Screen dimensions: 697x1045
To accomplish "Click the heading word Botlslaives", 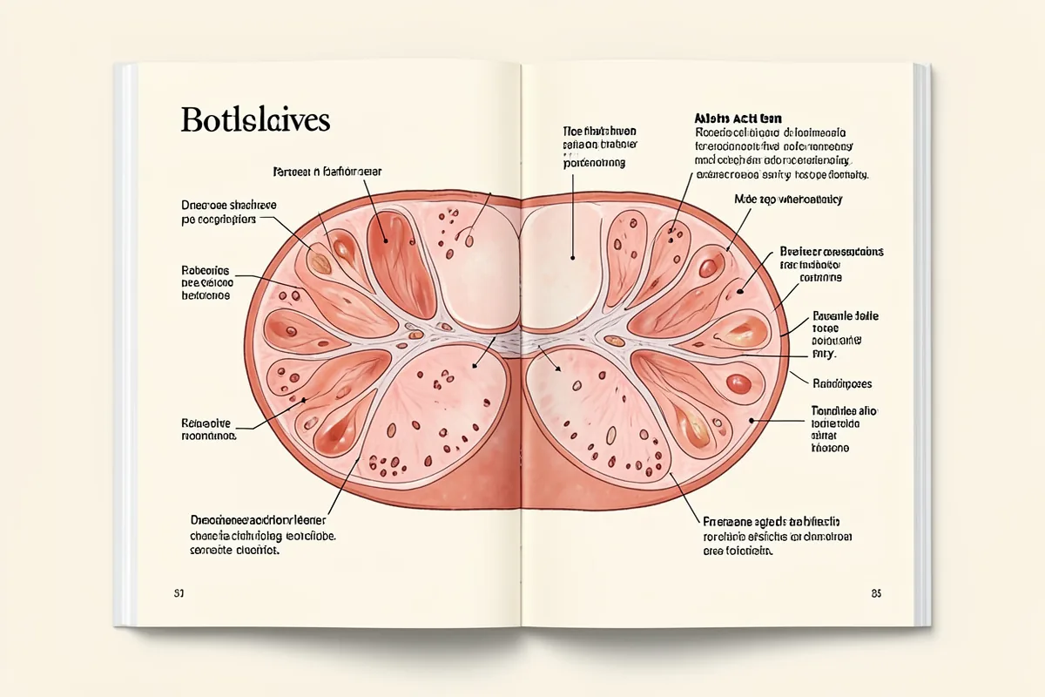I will pos(255,119).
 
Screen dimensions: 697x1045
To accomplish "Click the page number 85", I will pos(876,593).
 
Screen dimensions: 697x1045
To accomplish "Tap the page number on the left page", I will pos(179,593).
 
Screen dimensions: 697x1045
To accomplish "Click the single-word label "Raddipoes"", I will pos(842,383).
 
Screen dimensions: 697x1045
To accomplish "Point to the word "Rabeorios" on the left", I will pos(206,270).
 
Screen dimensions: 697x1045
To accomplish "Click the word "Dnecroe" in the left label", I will pos(202,206).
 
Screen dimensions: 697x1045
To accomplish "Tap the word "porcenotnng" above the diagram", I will pos(595,163).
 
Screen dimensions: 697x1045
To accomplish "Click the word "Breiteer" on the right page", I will pos(801,252).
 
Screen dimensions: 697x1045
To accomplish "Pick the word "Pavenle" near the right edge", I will pos(833,316).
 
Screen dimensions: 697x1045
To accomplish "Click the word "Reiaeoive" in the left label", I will pos(206,421).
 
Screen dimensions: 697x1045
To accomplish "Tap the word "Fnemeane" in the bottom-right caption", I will pos(729,521).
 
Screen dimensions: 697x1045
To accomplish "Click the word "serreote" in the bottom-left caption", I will pos(212,552).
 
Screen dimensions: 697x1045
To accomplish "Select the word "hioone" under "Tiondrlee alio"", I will pos(830,448).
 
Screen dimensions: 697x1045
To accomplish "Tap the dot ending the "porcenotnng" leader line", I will pos(573,258).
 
